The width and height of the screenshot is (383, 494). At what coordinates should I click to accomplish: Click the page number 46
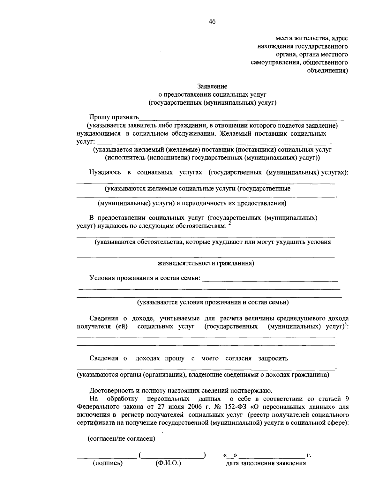point(212,22)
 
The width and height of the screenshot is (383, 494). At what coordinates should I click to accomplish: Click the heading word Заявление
point(212,86)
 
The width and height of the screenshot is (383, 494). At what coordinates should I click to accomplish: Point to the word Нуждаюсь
point(105,172)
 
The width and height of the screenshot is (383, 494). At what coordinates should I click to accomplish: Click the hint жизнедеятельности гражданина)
point(206,263)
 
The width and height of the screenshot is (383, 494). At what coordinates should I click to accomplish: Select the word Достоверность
point(110,390)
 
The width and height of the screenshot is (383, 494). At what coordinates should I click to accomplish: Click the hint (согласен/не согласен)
point(121,439)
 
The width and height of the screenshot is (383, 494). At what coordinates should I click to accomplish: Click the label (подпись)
point(108,463)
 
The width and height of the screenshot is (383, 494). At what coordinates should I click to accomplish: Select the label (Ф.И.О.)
point(168,463)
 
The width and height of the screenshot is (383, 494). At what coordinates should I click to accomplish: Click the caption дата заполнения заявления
point(266,463)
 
